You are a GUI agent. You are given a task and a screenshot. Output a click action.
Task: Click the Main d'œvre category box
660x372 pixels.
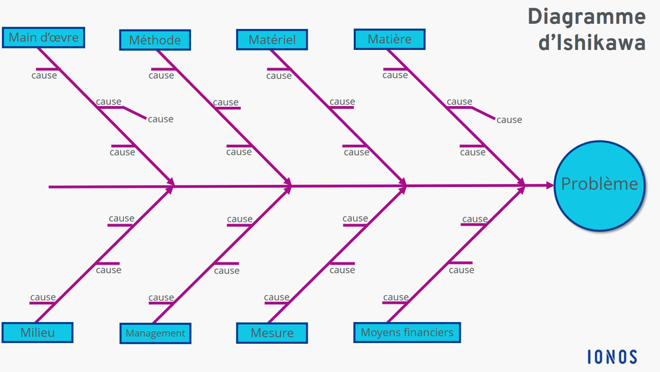tap(43, 37)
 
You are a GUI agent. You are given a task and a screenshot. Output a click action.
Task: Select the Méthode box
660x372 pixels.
tap(154, 40)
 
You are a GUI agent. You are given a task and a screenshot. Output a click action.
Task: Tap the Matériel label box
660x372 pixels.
tap(272, 40)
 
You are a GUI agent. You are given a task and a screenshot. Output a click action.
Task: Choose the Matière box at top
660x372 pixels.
tap(389, 39)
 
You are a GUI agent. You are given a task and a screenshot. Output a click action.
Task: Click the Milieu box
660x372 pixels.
tap(37, 333)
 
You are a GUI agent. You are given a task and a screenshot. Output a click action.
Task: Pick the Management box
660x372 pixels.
tap(155, 333)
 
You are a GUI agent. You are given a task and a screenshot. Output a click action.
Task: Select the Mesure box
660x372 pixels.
tap(272, 333)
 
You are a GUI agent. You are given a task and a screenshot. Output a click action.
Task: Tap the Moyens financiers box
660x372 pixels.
tap(407, 333)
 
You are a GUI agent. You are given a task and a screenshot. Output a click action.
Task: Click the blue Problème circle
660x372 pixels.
tap(599, 184)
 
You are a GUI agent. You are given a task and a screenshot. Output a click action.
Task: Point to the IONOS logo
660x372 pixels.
tap(612, 356)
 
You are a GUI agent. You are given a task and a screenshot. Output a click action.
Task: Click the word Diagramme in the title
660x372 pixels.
tap(586, 16)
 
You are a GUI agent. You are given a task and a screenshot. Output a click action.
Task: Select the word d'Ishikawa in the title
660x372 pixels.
tap(591, 43)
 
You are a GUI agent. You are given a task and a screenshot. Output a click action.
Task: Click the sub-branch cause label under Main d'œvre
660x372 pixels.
tap(160, 120)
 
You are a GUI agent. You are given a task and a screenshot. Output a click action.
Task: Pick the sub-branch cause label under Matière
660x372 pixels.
tap(509, 120)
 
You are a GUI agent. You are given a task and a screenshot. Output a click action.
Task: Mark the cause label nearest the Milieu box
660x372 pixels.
tap(43, 297)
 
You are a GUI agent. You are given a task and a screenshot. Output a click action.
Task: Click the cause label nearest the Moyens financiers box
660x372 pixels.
tap(396, 297)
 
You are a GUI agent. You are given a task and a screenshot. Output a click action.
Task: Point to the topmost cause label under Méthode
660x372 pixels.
tap(161, 75)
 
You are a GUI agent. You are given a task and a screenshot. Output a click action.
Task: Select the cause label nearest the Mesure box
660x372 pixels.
tap(277, 297)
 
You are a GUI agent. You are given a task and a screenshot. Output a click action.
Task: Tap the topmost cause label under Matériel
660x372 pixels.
tap(279, 75)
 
